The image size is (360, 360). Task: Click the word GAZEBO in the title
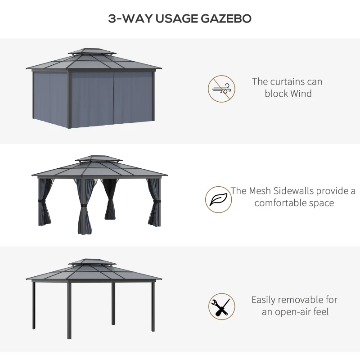tap(226, 18)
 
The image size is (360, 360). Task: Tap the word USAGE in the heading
tap(176, 18)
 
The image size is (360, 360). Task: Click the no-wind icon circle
tap(221, 89)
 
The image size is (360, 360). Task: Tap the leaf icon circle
tap(219, 199)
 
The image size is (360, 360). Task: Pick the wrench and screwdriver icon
tap(222, 306)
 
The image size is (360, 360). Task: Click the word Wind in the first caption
tap(301, 94)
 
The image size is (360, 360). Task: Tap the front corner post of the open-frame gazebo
tap(69, 310)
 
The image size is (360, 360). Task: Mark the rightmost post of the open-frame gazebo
tap(153, 307)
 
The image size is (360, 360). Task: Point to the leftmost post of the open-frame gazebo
tap(34, 306)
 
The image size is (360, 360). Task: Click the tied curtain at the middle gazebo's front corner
tap(84, 206)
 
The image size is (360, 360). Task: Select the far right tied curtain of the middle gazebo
tap(154, 202)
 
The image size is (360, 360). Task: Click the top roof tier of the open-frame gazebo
tap(92, 262)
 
